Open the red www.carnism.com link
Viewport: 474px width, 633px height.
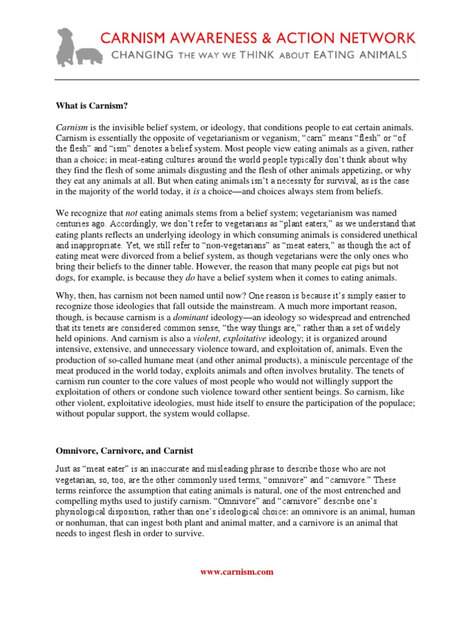[236, 572]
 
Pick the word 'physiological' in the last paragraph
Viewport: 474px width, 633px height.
[81, 512]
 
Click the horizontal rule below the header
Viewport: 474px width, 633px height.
[236, 80]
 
